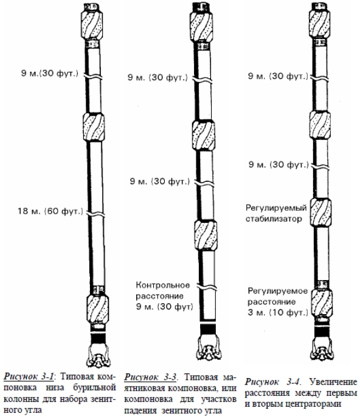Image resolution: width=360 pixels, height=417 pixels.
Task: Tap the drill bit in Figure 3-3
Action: coord(209,348)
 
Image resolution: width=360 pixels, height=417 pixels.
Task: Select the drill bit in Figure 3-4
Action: coord(322,348)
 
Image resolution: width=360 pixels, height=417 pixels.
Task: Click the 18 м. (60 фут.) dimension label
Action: coord(50,211)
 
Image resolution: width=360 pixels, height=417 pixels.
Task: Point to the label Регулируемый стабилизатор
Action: coord(276,213)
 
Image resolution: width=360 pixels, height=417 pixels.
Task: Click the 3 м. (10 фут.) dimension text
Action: coord(278,312)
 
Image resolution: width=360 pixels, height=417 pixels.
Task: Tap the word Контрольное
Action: coord(163,285)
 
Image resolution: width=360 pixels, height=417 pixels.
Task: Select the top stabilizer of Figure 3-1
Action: coord(91,26)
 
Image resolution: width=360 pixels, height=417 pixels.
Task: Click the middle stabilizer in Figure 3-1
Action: coord(93,127)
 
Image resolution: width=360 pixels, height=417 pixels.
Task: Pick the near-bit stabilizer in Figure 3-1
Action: coord(98,309)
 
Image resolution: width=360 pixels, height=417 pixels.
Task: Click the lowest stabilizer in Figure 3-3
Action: coord(206,236)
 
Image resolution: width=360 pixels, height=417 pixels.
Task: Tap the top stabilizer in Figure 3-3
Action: coord(201,27)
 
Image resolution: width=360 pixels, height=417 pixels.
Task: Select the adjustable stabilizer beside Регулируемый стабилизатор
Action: coord(320,212)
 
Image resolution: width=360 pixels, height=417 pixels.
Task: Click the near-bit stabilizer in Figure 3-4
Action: coord(322,303)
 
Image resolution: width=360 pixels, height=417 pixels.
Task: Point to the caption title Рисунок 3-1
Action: coord(29,377)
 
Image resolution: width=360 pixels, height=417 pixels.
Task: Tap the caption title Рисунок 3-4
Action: coord(272,382)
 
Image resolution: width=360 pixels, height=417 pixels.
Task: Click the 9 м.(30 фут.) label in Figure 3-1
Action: coord(50,73)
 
